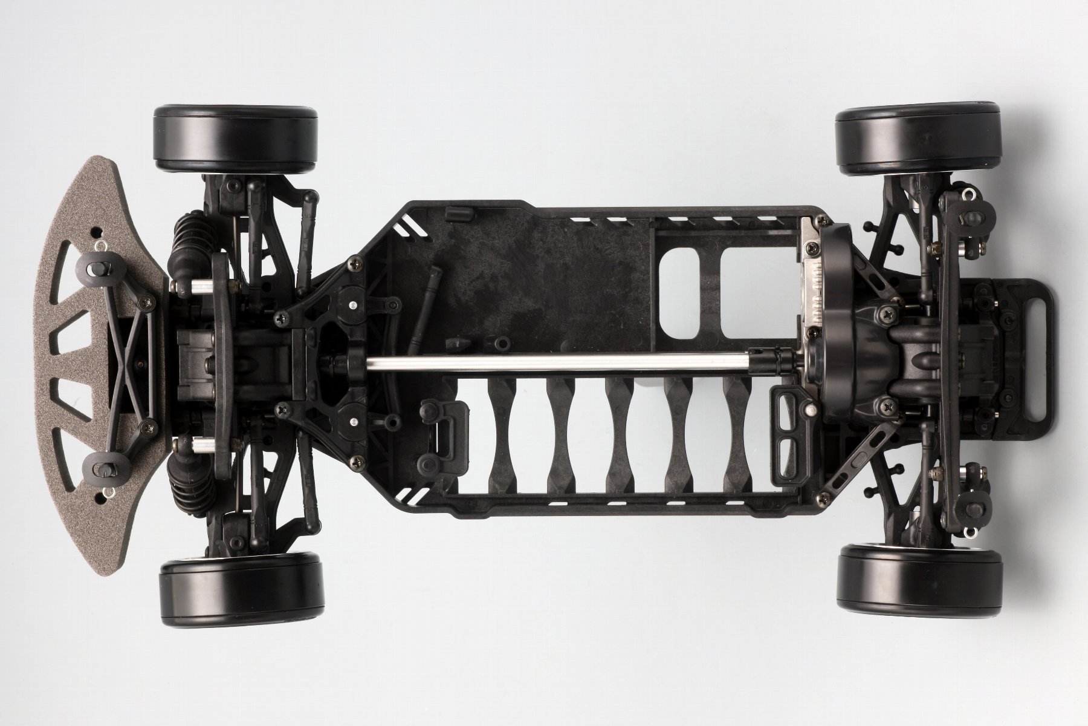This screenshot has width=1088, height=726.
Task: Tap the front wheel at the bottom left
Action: (x=240, y=587)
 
